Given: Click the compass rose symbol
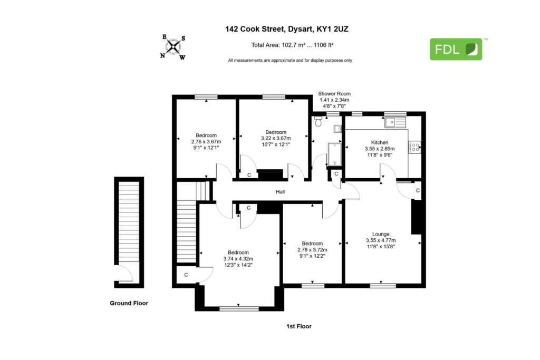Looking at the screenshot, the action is click(x=173, y=47).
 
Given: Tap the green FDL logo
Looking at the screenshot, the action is click(x=456, y=49).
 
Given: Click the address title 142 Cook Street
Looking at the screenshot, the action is click(x=255, y=29).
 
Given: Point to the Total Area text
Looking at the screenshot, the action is click(x=292, y=45).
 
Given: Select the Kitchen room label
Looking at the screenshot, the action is click(x=380, y=142).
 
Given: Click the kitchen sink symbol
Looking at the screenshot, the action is click(x=396, y=122).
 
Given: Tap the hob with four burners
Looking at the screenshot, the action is click(x=414, y=147).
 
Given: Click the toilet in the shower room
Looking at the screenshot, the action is click(x=318, y=121).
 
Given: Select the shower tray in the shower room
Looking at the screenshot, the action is click(x=334, y=154).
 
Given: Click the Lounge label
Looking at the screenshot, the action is click(x=381, y=234).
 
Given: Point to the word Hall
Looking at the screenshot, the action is click(x=280, y=192).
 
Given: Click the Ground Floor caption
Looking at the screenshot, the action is click(x=129, y=303).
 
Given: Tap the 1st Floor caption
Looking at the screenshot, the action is click(x=299, y=326).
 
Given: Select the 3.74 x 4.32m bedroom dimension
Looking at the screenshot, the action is click(x=238, y=259).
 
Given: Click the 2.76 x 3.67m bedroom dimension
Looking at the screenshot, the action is click(x=206, y=141).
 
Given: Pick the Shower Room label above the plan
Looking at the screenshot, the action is click(x=334, y=94).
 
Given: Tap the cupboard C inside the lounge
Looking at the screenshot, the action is click(x=418, y=190).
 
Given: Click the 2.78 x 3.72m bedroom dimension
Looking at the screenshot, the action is click(x=312, y=250).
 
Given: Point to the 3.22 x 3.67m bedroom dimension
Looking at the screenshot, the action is click(x=275, y=138).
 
